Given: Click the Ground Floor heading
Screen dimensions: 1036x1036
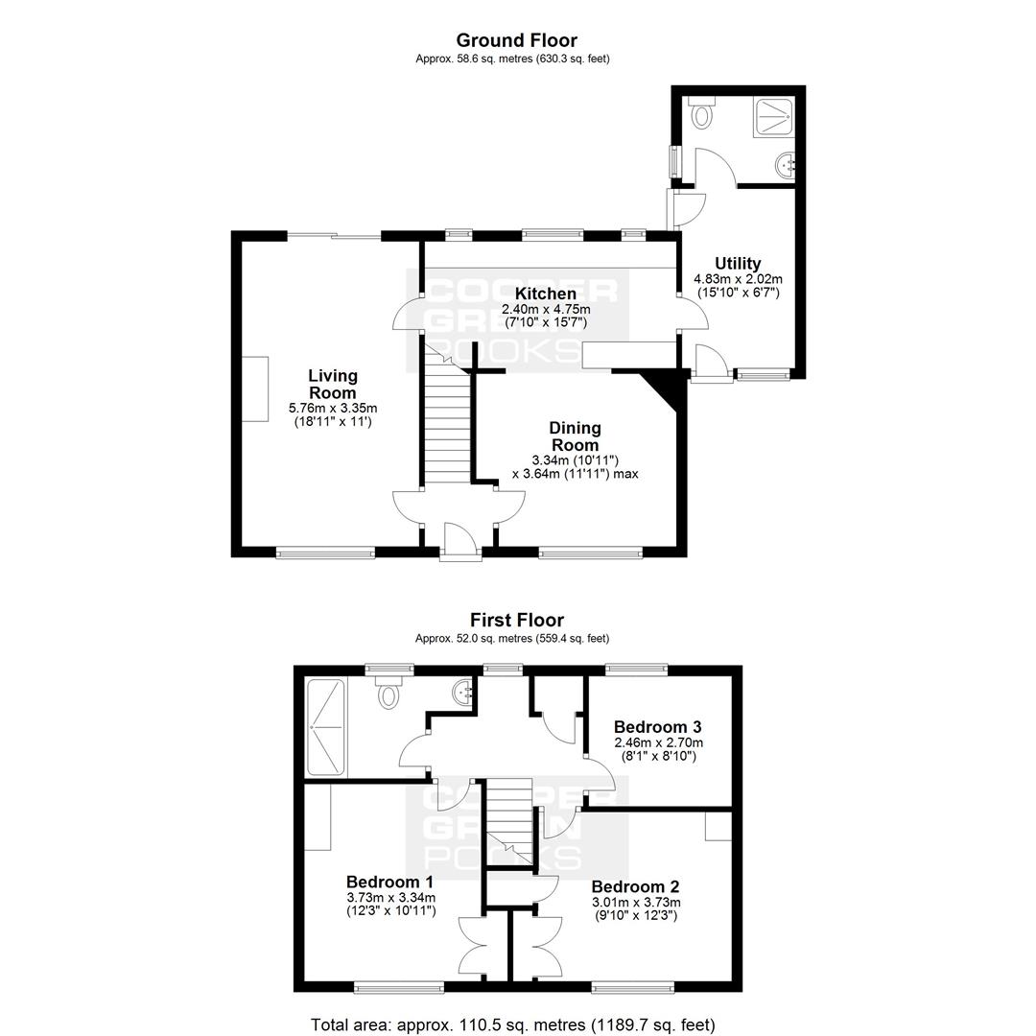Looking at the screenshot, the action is (x=517, y=41).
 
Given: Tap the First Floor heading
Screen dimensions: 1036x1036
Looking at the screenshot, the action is (x=517, y=621).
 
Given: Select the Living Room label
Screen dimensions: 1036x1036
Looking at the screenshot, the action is (x=333, y=385).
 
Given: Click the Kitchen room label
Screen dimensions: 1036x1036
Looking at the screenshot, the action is (x=546, y=294).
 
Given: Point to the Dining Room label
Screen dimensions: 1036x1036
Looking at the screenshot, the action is (x=575, y=436).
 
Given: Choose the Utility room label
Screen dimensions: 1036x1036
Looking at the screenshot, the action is (x=738, y=264).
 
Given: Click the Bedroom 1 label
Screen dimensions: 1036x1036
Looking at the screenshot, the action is (x=389, y=882).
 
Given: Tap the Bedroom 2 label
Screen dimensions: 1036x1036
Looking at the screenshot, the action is (x=635, y=886).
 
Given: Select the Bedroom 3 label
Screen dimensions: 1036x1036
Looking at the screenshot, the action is (x=657, y=727).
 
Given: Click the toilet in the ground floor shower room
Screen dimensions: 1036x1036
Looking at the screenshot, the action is (x=700, y=113).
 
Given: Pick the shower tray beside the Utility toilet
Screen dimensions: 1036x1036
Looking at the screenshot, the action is (x=774, y=118).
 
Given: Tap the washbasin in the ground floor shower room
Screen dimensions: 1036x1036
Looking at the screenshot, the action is (x=787, y=164).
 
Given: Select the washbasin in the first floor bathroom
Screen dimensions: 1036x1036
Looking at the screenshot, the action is (x=464, y=693).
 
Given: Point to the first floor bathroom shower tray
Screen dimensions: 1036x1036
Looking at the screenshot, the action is (x=326, y=727).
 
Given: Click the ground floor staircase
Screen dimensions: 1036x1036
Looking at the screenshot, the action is (x=447, y=415).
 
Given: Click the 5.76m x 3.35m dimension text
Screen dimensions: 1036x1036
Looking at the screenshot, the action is (x=333, y=408).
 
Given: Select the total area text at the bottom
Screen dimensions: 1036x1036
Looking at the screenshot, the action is (x=512, y=1024).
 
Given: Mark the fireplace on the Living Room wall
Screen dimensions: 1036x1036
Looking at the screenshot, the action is (x=255, y=388).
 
